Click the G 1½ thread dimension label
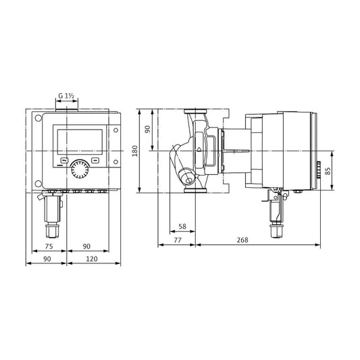66,96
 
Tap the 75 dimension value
49,247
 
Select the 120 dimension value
92,259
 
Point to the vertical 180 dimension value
135,151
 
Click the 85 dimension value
328,171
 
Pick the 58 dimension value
182,227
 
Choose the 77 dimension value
178,240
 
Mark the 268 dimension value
242,240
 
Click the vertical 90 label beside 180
148,129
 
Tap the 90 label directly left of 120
47,259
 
